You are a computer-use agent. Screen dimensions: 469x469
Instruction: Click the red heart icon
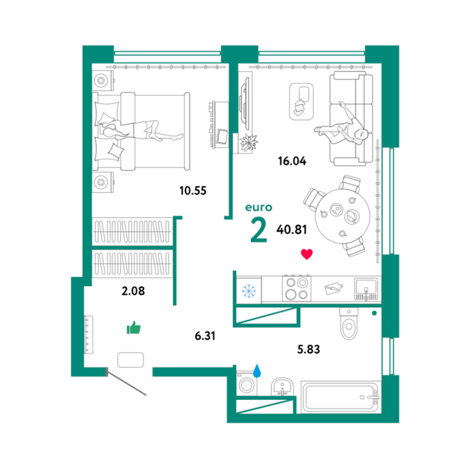307,254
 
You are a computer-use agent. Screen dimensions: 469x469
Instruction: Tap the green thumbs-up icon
134,328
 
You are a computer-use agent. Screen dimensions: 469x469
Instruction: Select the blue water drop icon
257,371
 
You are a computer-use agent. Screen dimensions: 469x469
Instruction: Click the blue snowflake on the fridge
249,291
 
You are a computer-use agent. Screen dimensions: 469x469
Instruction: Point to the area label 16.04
292,161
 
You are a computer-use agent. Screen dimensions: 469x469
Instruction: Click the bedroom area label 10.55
193,191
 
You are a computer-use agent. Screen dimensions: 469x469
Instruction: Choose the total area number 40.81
292,230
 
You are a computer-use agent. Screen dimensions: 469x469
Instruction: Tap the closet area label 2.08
133,291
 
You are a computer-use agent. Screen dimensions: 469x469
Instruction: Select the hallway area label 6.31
205,336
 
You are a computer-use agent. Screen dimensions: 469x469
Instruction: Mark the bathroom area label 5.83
308,349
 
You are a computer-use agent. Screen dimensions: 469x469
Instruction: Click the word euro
259,207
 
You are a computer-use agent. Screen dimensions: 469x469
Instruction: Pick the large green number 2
259,230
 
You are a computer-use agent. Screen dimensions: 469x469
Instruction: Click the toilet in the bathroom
349,324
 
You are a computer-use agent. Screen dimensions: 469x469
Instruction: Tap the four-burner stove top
297,288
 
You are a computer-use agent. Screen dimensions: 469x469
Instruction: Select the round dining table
343,216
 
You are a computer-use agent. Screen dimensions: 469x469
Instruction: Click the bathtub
341,397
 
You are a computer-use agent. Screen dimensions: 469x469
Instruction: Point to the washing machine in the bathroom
247,384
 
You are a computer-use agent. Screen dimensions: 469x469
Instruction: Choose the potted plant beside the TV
249,142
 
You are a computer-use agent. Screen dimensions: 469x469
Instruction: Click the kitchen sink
366,289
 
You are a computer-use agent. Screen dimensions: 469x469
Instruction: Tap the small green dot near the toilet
374,313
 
